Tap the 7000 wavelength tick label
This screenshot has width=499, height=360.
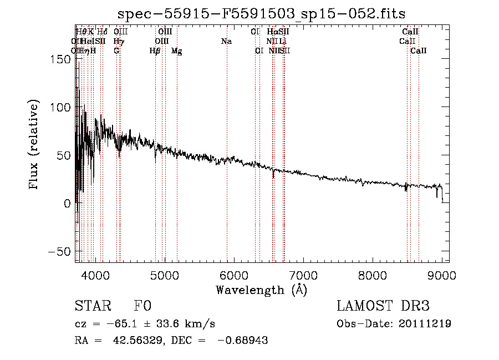pyautogui.click(x=303, y=275)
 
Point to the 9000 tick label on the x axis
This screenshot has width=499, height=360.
pyautogui.click(x=442, y=275)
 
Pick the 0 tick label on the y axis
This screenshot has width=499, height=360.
pyautogui.click(x=67, y=203)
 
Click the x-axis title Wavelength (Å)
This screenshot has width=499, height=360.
pyautogui.click(x=261, y=290)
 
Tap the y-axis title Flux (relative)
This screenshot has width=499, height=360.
pyautogui.click(x=35, y=146)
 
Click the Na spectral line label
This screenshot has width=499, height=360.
pyautogui.click(x=226, y=42)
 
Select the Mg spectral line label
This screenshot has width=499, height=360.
pyautogui.click(x=177, y=51)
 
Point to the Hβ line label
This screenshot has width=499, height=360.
pyautogui.click(x=155, y=51)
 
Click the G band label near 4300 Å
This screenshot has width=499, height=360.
pyautogui.click(x=116, y=51)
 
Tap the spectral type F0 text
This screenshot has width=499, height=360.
pyautogui.click(x=142, y=307)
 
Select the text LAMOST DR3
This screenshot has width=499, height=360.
pyautogui.click(x=383, y=307)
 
